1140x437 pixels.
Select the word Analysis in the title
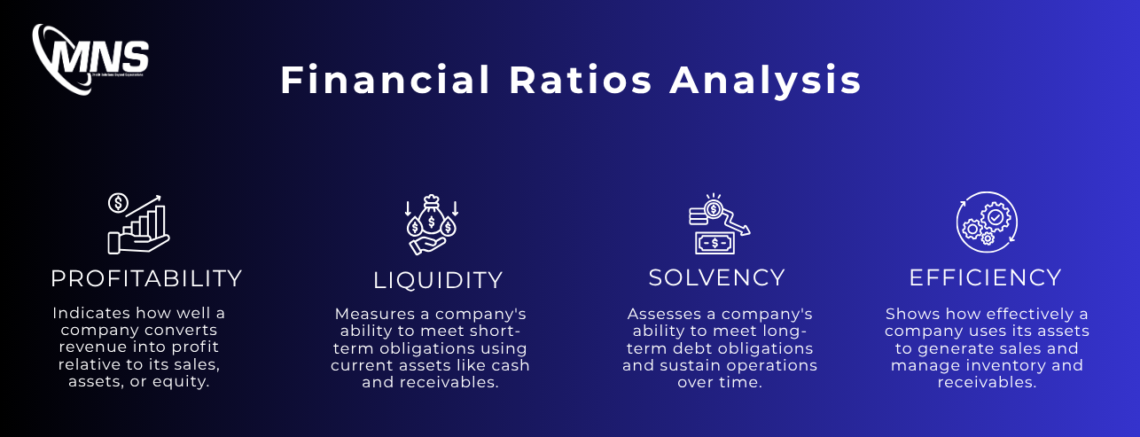click(x=766, y=81)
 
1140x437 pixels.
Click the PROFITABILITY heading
click(x=146, y=278)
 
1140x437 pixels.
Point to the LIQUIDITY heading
click(x=438, y=280)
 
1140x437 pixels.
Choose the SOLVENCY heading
click(x=716, y=277)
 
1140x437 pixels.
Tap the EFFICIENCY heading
click(x=985, y=277)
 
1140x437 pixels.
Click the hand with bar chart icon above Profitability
click(x=139, y=222)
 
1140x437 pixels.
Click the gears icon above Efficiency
click(x=987, y=222)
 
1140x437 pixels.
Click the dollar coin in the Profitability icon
click(x=117, y=203)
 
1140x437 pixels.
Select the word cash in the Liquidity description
click(x=510, y=365)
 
